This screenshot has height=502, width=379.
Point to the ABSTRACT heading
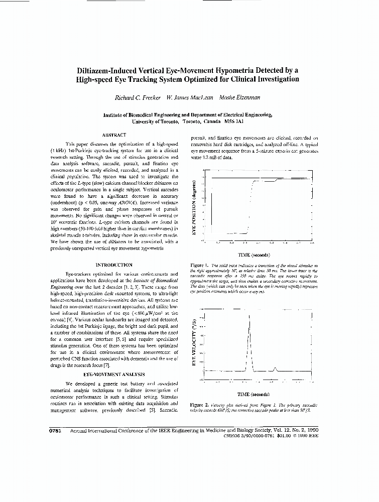114,135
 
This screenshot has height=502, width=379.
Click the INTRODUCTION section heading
114,265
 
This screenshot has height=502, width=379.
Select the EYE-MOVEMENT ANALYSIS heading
114,374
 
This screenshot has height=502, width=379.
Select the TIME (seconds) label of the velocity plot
254,395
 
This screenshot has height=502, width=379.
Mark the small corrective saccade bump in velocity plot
275,369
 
